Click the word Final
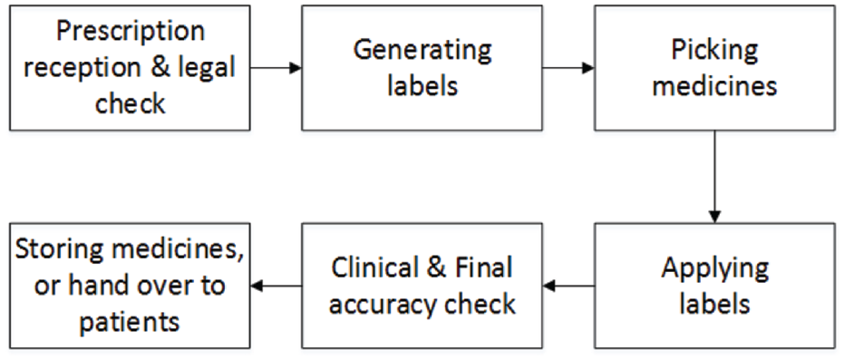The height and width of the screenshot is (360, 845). tap(489, 268)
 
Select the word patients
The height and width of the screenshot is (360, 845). tap(130, 322)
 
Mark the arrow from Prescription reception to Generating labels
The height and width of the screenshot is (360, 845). tap(276, 68)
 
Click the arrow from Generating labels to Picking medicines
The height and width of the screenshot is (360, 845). tap(568, 68)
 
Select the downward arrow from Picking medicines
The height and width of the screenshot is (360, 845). tap(714, 177)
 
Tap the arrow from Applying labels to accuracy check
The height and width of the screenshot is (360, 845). tap(568, 286)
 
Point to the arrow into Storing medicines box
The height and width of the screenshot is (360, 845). tap(276, 286)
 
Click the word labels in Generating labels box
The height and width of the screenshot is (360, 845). tap(422, 86)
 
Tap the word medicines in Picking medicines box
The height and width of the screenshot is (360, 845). tap(714, 86)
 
